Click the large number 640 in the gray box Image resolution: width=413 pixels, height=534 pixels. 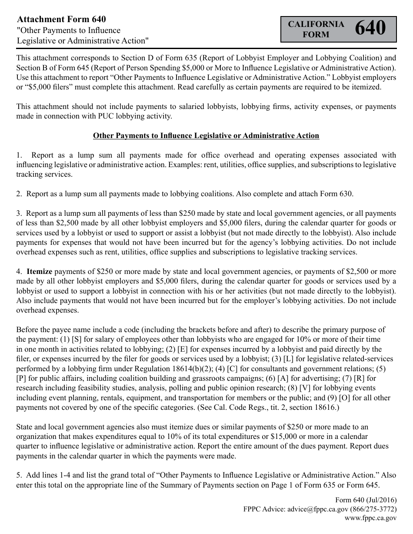370,29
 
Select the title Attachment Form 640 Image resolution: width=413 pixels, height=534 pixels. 61,20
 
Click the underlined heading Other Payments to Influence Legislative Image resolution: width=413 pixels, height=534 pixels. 206,135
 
